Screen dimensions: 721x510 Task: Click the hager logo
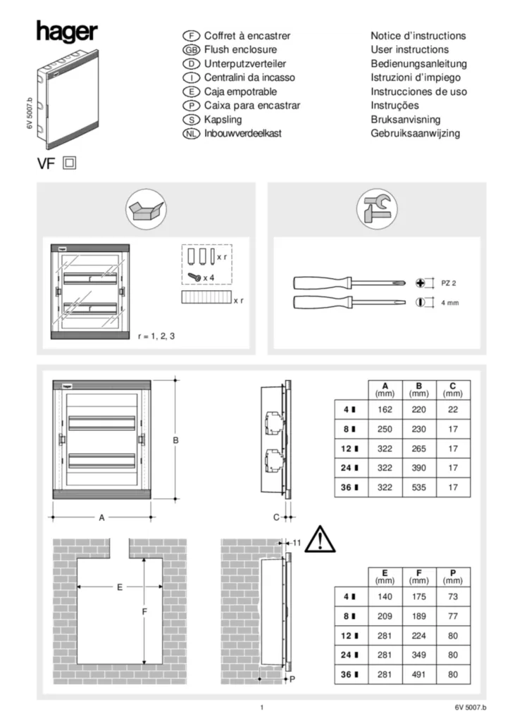click(66, 32)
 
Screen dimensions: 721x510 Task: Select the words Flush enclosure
click(240, 50)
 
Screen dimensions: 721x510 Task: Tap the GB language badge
click(192, 50)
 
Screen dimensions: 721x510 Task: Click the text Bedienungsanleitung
click(418, 64)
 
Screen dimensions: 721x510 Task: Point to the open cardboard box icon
click(145, 208)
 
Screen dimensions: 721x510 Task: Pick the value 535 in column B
click(419, 487)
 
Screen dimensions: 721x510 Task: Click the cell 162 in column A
click(385, 409)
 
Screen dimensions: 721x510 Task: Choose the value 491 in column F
click(419, 675)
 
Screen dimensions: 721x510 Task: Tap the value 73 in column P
click(453, 596)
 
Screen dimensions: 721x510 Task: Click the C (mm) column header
click(453, 389)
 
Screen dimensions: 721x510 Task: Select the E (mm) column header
click(385, 577)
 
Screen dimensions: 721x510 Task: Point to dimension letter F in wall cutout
click(144, 613)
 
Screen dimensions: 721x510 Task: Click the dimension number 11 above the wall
click(297, 543)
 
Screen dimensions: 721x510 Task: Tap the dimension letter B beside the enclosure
click(176, 441)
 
